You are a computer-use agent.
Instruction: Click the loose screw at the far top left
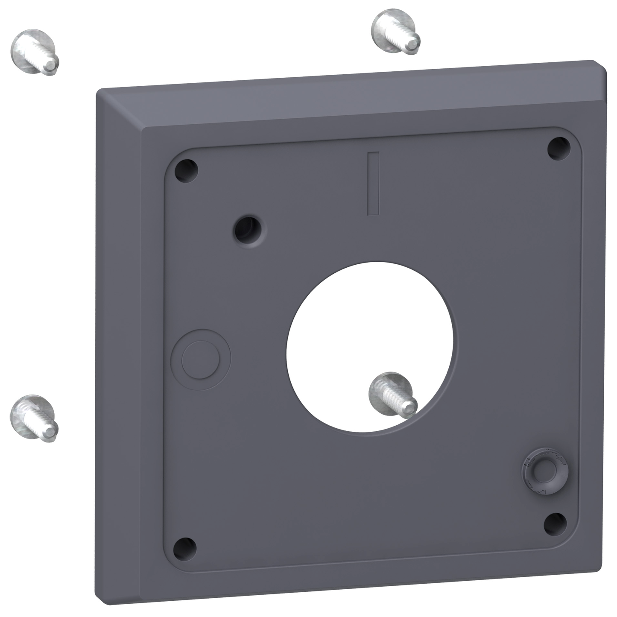tap(34, 52)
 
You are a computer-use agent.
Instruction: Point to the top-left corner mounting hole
tap(187, 170)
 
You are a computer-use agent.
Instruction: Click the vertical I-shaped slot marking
tap(373, 183)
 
